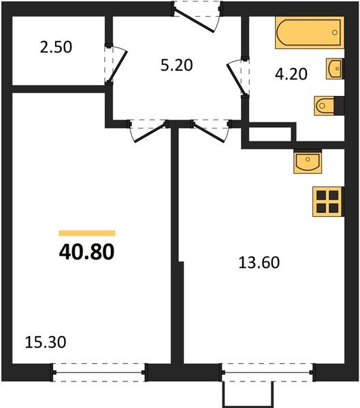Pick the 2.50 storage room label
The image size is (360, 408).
click(x=56, y=48)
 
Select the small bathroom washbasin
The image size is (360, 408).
click(x=334, y=69)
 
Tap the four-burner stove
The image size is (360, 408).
click(x=326, y=201)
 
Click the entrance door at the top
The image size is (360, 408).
click(x=197, y=17)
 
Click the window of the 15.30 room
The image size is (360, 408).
click(x=100, y=372)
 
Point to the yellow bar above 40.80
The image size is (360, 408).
click(x=86, y=233)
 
